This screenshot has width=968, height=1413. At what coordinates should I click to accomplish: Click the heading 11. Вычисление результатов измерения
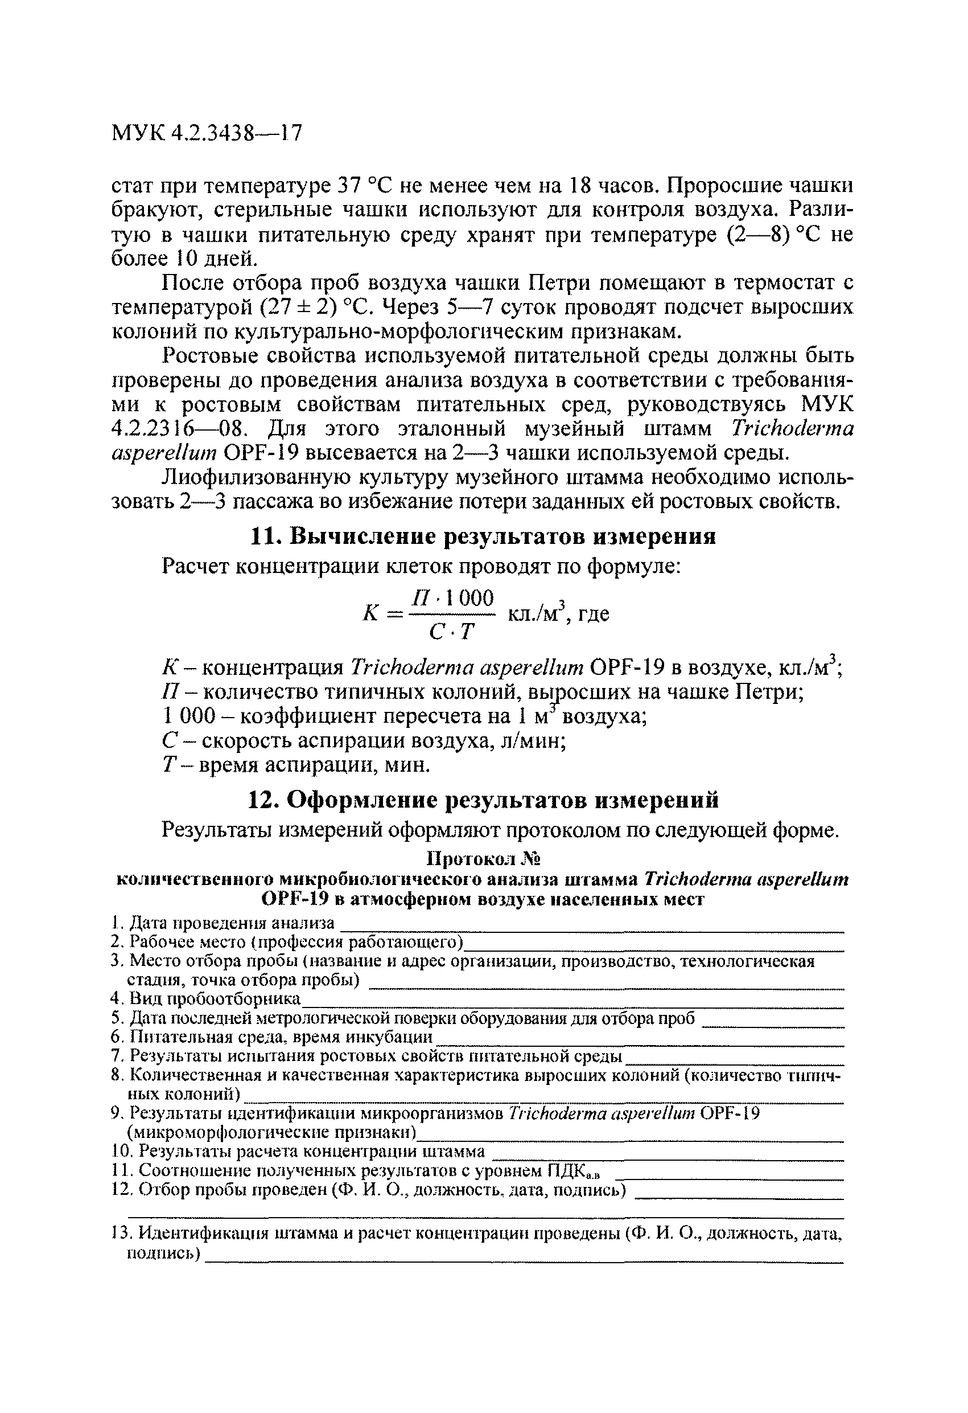pyautogui.click(x=483, y=536)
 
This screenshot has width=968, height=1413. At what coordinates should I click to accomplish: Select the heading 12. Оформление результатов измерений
pyautogui.click(x=483, y=800)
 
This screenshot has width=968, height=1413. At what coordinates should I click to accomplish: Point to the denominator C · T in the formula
pyautogui.click(x=450, y=632)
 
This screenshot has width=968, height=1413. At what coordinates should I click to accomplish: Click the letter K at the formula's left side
pyautogui.click(x=370, y=613)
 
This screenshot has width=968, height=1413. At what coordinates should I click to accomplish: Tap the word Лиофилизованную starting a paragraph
pyautogui.click(x=252, y=478)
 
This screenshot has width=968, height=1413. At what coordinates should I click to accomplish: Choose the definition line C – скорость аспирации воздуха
pyautogui.click(x=365, y=740)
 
